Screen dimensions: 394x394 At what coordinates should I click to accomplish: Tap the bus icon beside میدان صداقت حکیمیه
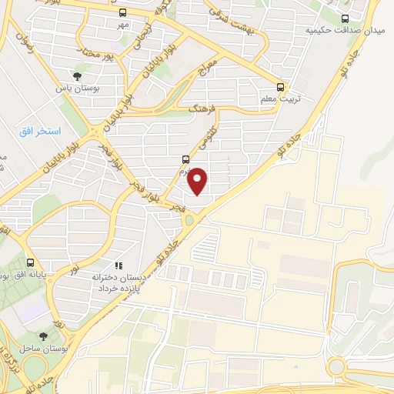(345, 18)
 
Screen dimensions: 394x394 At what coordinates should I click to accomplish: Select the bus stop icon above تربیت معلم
(282, 87)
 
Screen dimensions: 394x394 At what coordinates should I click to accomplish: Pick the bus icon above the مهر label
(123, 13)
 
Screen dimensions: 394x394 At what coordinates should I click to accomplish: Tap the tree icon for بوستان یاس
(78, 75)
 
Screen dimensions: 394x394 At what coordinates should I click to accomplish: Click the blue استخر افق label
(35, 132)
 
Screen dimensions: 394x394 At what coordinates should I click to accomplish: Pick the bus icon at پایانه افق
(31, 262)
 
